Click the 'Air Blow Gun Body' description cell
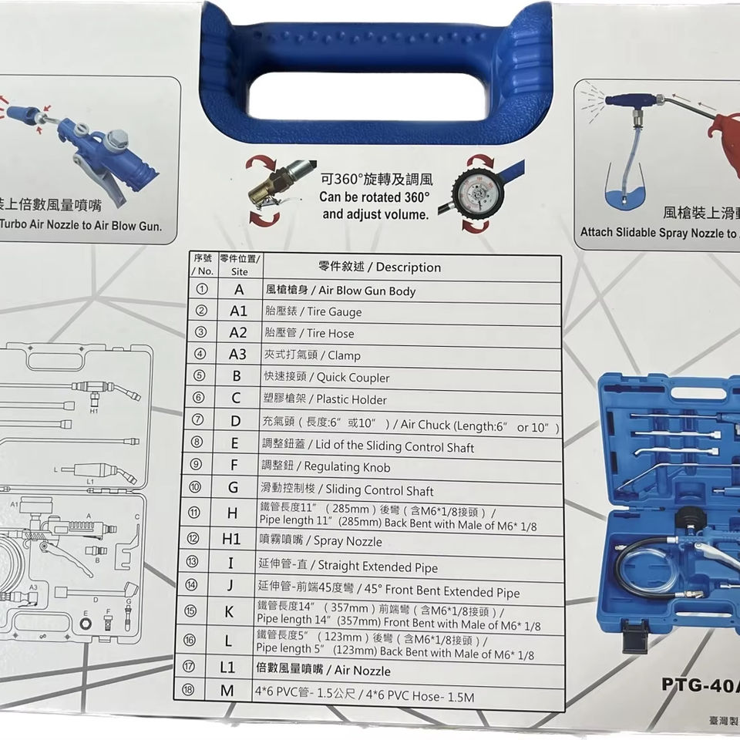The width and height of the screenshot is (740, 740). [x=340, y=291]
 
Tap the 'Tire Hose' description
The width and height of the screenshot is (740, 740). [x=308, y=334]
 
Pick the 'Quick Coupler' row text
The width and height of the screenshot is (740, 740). [x=327, y=378]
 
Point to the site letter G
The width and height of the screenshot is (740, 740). [x=232, y=488]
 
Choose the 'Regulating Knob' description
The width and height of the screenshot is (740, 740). [x=326, y=467]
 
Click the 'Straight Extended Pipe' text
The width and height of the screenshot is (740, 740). [x=348, y=567]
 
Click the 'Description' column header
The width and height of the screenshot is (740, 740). [x=379, y=267]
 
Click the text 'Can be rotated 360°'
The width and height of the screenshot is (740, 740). [x=374, y=197]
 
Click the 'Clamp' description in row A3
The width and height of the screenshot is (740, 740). [x=309, y=355]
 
